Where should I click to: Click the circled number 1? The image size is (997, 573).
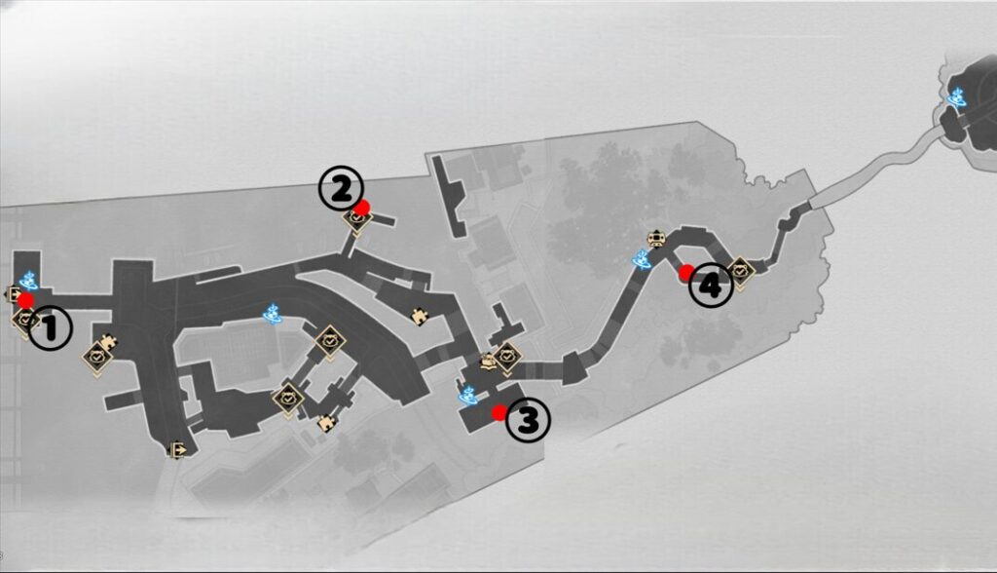[x=50, y=328]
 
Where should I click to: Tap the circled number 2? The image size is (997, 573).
[x=341, y=189]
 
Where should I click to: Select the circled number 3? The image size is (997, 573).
[x=528, y=420]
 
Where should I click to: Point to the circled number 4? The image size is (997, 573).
[x=711, y=286]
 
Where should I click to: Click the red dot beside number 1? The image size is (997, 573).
[x=26, y=300]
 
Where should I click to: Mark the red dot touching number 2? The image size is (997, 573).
[x=362, y=208]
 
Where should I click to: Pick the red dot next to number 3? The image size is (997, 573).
[x=499, y=412]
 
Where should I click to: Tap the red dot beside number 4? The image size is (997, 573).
[x=686, y=273]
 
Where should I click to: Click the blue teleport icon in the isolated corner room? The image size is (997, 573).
[x=956, y=98]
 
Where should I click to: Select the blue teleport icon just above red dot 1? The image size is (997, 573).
[x=28, y=280]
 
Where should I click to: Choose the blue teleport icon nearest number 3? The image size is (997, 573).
[x=468, y=395]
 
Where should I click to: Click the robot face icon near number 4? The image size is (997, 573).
[x=655, y=238]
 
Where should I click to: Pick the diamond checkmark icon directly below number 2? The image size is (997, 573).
[x=357, y=219]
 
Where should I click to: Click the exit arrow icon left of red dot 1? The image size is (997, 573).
[x=13, y=294]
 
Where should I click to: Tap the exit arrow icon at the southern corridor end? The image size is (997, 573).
[x=177, y=451]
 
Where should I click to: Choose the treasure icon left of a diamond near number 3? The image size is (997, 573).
[x=488, y=362]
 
